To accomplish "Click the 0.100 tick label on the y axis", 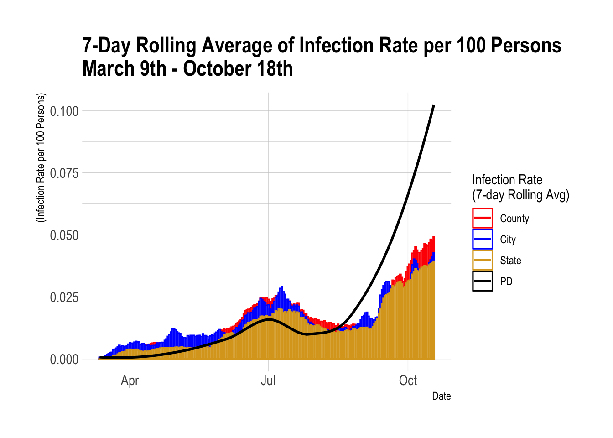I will coord(64,111).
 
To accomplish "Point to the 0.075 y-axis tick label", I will coord(64,173).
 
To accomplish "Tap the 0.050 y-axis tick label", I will coord(64,235).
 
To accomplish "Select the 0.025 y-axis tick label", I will coord(64,297).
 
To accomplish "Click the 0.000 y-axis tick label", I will coord(64,360).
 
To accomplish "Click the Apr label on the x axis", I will coord(130,381).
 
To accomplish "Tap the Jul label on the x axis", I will coord(268,381).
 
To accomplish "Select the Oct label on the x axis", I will coord(408,381).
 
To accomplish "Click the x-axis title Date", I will coord(441,396).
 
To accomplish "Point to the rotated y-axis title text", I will coord(41,158).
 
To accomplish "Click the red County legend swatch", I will coord(482,218).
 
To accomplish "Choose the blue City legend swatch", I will coord(482,239).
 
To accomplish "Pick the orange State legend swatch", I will coord(482,260).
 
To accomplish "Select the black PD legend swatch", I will coord(482,281).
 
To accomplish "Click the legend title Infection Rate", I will coord(507,180).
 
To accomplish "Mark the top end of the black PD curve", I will coord(434,106).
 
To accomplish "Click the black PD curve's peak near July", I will coord(269,319).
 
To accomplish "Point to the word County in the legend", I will coord(514,219).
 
